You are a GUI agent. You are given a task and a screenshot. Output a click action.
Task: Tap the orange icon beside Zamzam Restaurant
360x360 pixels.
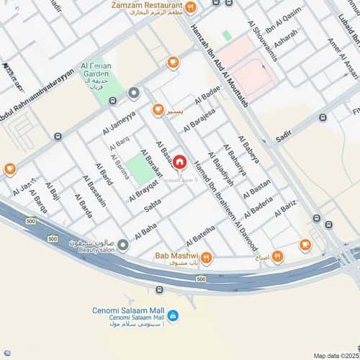tap(190, 8)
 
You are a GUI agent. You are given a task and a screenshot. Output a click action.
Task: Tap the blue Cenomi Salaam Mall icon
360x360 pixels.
tap(174, 315)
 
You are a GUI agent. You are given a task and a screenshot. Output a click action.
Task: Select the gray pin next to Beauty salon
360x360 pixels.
tap(123, 246)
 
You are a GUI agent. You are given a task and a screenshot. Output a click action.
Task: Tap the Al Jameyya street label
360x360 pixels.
tap(119, 123)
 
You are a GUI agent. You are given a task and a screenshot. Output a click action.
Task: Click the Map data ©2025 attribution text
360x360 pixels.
tap(334, 355)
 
